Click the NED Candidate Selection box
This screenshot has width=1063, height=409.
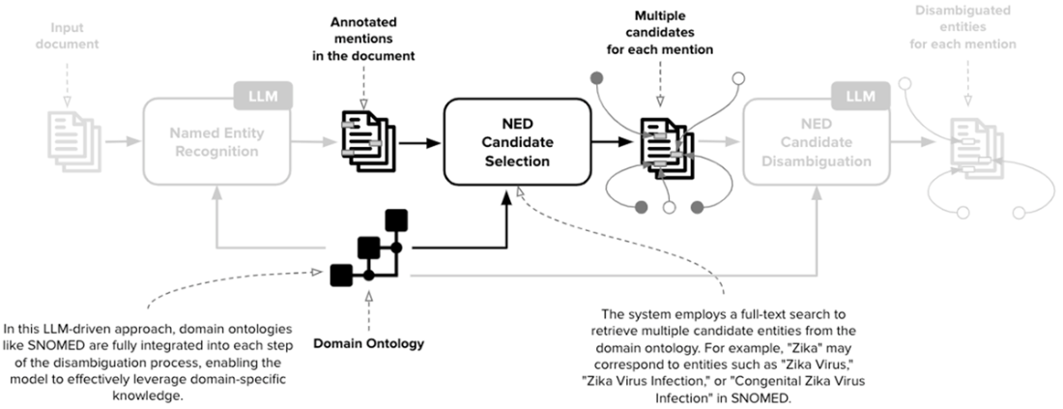click(517, 142)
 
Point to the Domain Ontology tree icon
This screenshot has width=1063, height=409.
click(368, 249)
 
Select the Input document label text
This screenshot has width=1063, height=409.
click(60, 35)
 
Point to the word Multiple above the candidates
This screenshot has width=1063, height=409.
click(660, 16)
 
